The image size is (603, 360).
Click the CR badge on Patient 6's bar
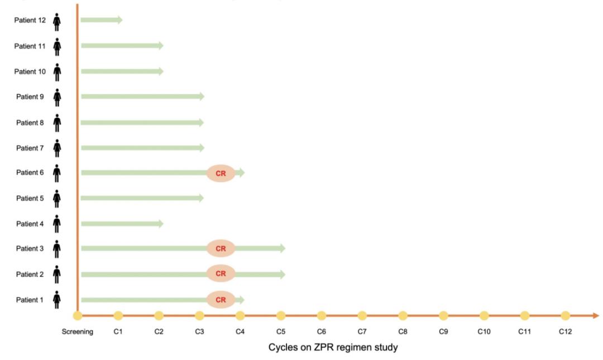click(221, 173)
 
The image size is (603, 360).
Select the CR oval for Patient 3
click(221, 248)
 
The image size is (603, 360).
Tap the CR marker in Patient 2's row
click(221, 274)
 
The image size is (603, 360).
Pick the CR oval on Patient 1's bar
click(221, 300)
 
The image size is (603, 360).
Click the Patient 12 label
click(30, 21)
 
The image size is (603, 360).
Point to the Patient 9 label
click(30, 97)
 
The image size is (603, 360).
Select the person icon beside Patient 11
click(56, 46)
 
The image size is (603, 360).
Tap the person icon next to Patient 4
click(56, 224)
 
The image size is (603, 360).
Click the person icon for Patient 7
click(56, 148)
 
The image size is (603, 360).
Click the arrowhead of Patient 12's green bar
click(119, 20)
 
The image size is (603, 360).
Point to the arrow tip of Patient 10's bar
click(160, 71)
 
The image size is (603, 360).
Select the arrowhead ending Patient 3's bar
click(282, 248)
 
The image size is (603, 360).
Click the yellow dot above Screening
click(78, 316)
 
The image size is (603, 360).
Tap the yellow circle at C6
click(322, 316)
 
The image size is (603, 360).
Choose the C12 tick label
click(565, 332)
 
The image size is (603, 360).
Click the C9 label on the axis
click(443, 332)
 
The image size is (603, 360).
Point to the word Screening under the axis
click(78, 332)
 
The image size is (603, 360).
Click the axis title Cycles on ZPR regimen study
click(333, 348)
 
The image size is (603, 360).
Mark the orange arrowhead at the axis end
click(595, 316)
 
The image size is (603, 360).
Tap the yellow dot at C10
click(484, 316)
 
